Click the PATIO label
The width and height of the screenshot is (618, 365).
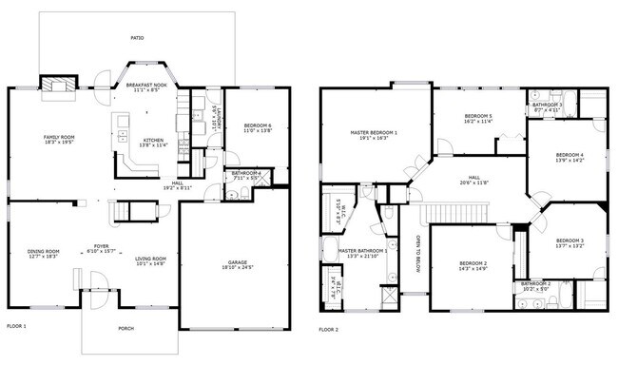137,38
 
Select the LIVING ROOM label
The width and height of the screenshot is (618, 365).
151,259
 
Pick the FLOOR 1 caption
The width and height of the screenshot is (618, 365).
16,326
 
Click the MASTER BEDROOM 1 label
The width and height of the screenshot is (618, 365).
374,132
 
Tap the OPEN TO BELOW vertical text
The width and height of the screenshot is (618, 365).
417,255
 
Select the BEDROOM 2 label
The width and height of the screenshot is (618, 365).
473,262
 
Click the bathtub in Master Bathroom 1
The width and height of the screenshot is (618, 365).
333,211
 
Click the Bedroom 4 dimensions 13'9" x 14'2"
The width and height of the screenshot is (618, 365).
570,161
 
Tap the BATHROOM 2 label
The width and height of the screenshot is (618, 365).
535,283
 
